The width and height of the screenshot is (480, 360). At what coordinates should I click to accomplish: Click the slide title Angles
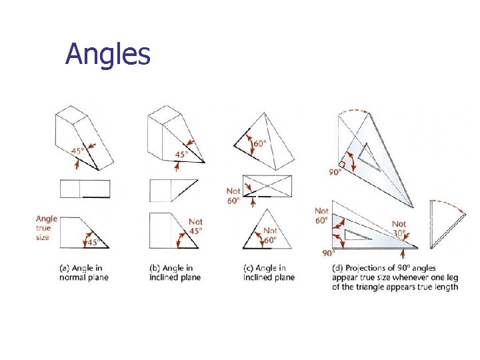point(108,55)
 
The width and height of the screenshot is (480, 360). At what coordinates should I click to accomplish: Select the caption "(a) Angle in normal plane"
point(84,273)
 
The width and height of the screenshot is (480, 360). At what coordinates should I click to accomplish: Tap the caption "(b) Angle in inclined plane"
point(175,273)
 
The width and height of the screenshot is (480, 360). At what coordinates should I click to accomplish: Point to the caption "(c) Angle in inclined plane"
point(269,273)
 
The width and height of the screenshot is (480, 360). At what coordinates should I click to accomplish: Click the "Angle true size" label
point(47,228)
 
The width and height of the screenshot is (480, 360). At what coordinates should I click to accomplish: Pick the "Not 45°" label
point(195,226)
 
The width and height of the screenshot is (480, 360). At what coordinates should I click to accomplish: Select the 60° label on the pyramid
point(259,143)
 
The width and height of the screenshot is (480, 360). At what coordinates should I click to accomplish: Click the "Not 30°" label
point(399,229)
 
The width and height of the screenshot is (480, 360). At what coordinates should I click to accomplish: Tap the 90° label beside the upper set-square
point(335,172)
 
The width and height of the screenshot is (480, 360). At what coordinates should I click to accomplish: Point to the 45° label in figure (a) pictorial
point(78,151)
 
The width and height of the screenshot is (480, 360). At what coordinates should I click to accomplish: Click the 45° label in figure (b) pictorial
point(181,154)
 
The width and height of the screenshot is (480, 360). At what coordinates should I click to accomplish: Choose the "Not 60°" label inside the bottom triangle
point(270,235)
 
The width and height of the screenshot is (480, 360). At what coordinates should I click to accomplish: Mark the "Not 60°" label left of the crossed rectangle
point(233,196)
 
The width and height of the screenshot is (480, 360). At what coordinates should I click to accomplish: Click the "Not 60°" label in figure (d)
point(322,215)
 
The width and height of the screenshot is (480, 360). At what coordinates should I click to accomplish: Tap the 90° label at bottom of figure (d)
point(329,253)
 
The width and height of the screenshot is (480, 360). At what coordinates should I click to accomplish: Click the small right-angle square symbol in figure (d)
point(342,165)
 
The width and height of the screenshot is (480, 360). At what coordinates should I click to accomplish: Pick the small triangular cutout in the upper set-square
point(368,157)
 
